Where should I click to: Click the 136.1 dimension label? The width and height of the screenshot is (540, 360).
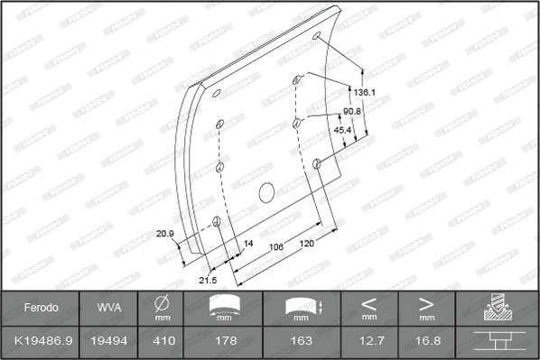coord(365,92)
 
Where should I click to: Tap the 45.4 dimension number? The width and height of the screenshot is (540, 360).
coord(344,130)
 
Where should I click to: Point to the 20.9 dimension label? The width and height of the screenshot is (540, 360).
coord(164,234)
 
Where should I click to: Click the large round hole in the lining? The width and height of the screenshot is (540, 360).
coord(266,192)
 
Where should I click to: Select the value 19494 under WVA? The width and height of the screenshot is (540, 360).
coord(104,340)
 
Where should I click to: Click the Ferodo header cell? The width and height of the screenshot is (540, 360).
coord(41,308)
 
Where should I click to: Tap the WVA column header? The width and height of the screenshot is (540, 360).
coord(104,308)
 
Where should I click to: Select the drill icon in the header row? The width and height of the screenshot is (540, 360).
coord(498,308)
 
